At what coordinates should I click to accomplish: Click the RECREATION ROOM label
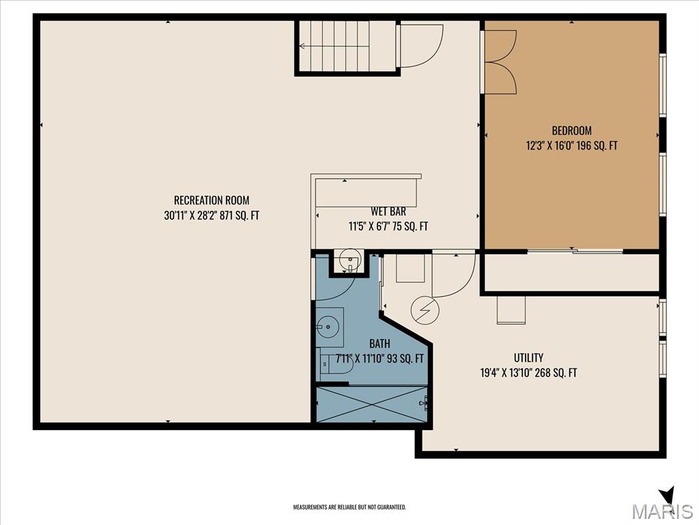[212, 200]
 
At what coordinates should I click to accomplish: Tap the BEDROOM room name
[571, 131]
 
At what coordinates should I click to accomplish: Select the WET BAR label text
[388, 211]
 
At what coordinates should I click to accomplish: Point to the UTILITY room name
[528, 358]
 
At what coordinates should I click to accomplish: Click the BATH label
[380, 343]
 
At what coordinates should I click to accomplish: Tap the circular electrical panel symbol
[425, 310]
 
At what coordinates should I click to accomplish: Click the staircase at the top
[346, 46]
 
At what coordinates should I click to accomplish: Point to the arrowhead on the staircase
[302, 46]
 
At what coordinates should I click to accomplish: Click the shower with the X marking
[372, 405]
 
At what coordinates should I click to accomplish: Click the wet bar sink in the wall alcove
[350, 260]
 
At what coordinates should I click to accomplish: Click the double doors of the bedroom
[500, 62]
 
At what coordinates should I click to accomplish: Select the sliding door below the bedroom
[575, 252]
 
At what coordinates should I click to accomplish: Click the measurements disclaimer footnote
[349, 507]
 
